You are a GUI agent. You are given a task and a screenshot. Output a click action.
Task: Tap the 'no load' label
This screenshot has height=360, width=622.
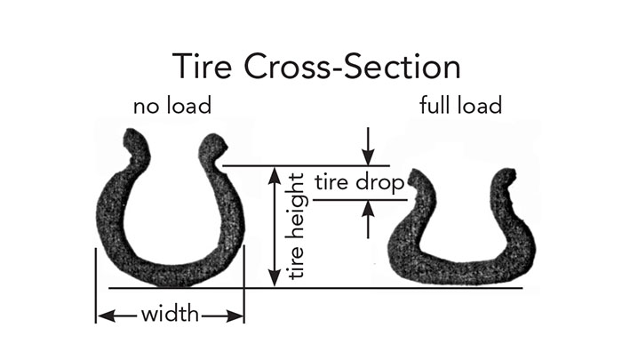coord(172,108)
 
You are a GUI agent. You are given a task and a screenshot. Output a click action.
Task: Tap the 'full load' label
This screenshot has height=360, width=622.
coord(460,106)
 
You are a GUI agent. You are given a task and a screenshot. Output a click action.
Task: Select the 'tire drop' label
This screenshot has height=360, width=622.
coord(360,184)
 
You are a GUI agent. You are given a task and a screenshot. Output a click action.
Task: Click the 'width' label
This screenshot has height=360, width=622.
coord(170,315)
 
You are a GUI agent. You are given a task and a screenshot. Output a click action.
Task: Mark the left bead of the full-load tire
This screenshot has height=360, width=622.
coord(419,180)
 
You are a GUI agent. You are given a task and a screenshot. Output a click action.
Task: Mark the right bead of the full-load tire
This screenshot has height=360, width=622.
coord(506,179)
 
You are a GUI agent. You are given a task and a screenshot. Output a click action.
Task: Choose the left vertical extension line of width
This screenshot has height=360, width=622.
coord(95,284)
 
